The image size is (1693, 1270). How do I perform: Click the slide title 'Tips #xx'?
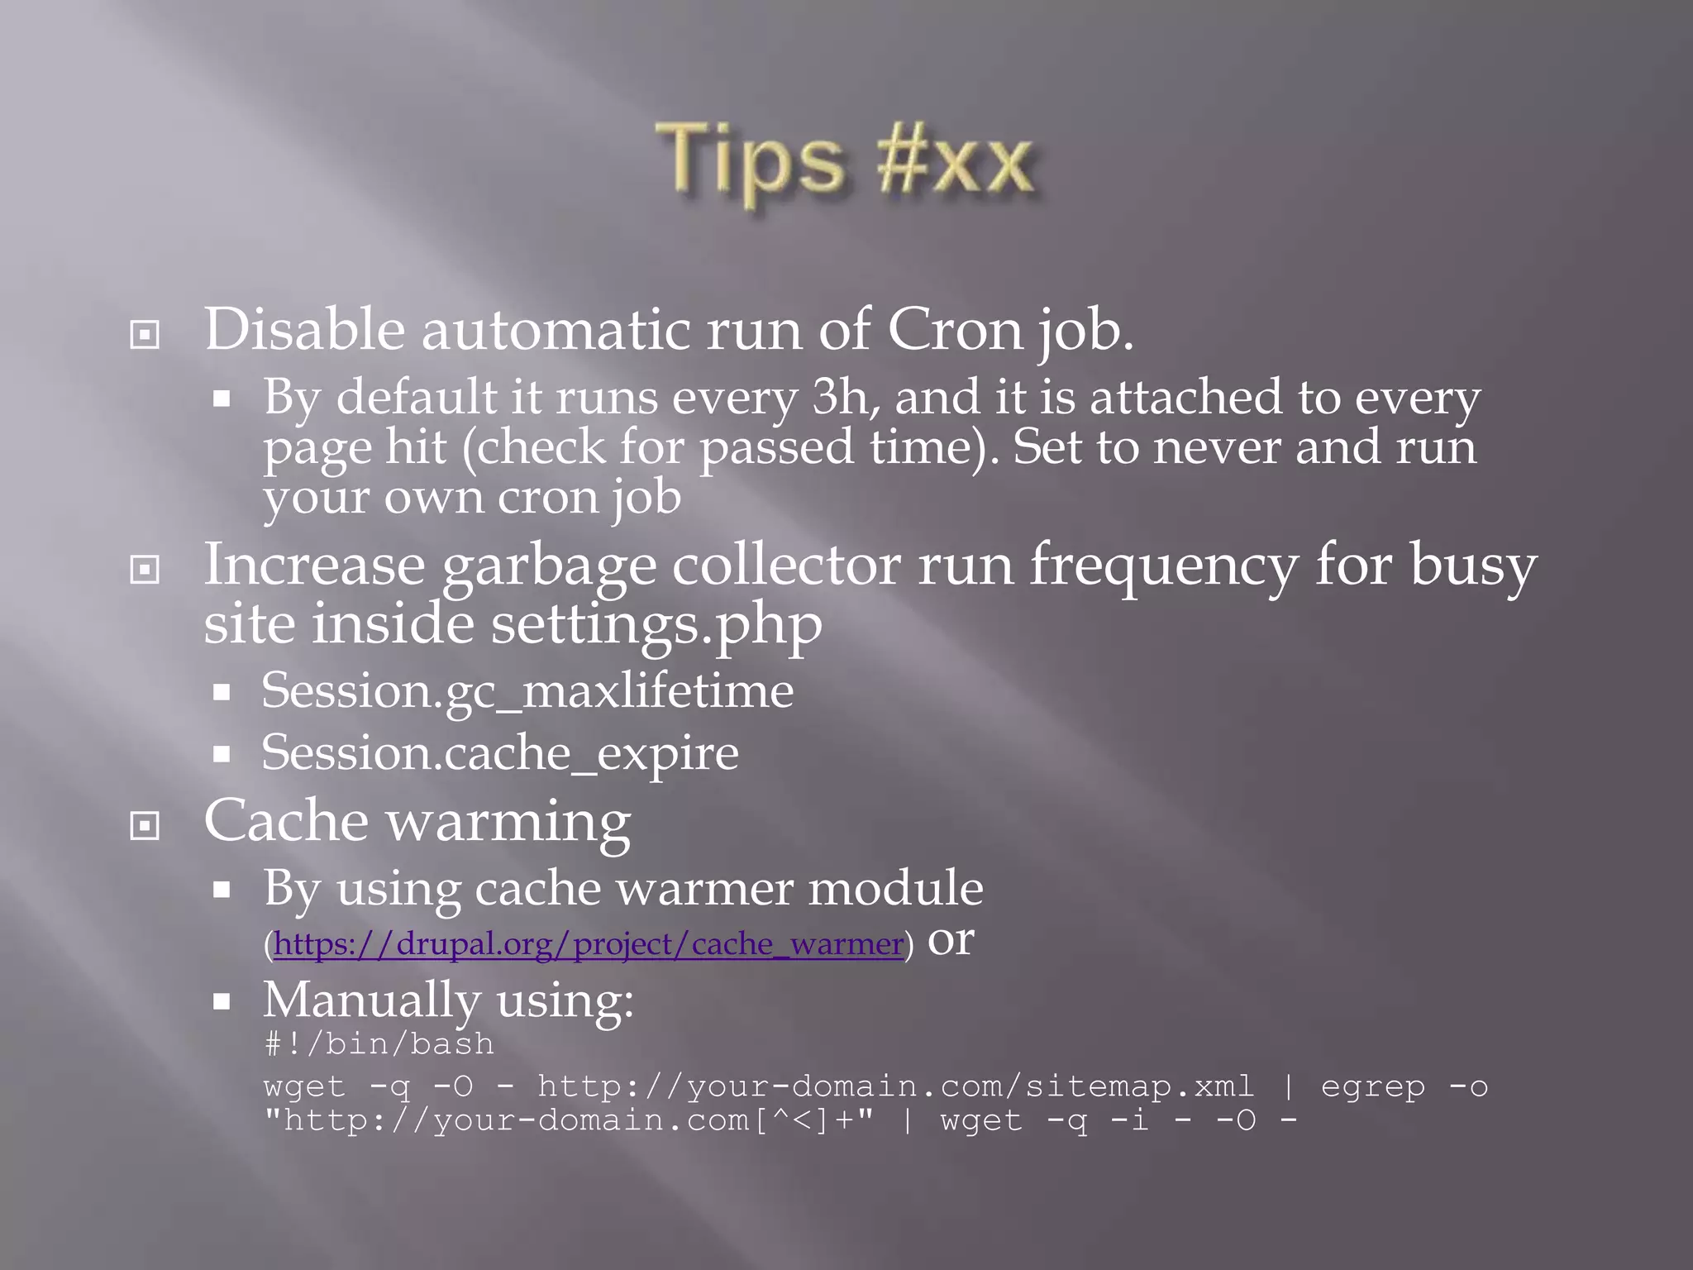tap(845, 159)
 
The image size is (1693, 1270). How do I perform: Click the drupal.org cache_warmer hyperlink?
tap(588, 944)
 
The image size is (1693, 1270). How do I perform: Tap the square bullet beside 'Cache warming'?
tap(145, 825)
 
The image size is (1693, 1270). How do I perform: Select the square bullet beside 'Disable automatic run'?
tap(145, 335)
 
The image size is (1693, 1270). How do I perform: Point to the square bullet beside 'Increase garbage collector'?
tap(145, 569)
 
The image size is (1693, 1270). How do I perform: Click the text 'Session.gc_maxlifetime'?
tap(527, 691)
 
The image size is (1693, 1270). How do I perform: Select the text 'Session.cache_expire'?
tap(500, 753)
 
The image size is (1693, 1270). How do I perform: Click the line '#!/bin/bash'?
tap(379, 1044)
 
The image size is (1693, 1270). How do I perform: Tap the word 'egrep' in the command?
tap(1373, 1087)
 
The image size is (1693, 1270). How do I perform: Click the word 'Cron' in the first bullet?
tap(955, 331)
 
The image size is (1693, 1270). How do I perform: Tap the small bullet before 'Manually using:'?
tap(221, 1002)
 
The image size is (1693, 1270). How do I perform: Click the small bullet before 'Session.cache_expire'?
tap(221, 754)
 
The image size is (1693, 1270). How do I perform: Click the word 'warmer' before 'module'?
tap(705, 889)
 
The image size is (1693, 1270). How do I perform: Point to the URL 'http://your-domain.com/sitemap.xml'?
tap(895, 1086)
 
